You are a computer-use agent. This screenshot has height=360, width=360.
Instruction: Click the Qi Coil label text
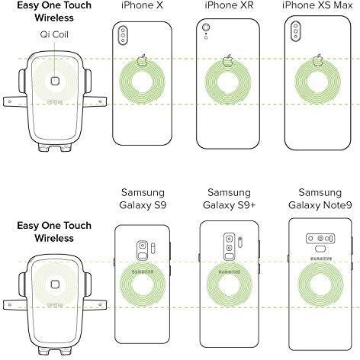54,34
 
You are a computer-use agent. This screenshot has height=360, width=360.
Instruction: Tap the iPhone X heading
142,5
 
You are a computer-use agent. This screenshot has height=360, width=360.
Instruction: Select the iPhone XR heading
229,5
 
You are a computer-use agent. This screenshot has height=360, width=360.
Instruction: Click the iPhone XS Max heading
317,5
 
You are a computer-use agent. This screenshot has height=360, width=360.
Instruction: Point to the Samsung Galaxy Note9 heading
320,198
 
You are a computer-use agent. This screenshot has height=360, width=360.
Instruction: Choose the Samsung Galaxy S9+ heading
229,198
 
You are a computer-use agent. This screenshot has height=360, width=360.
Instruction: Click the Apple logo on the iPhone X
143,60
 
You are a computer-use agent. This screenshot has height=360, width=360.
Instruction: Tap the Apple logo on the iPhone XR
228,61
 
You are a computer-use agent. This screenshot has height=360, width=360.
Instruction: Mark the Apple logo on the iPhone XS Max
317,60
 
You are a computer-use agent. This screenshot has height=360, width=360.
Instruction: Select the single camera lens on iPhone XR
206,27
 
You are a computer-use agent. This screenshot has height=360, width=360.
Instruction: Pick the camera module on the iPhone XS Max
296,31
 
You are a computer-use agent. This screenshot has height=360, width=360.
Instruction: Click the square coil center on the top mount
55,81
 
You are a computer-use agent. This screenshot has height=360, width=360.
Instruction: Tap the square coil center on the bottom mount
55,284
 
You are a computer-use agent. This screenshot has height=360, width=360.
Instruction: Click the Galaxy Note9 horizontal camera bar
320,239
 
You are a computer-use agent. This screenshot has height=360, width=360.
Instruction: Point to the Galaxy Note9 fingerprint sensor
320,249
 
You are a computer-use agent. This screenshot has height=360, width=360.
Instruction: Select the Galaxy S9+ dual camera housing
230,246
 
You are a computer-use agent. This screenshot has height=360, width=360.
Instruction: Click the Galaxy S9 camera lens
143,246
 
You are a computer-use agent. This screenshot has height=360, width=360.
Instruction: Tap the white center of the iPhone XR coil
228,83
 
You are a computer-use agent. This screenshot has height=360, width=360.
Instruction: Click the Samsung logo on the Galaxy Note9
321,259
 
